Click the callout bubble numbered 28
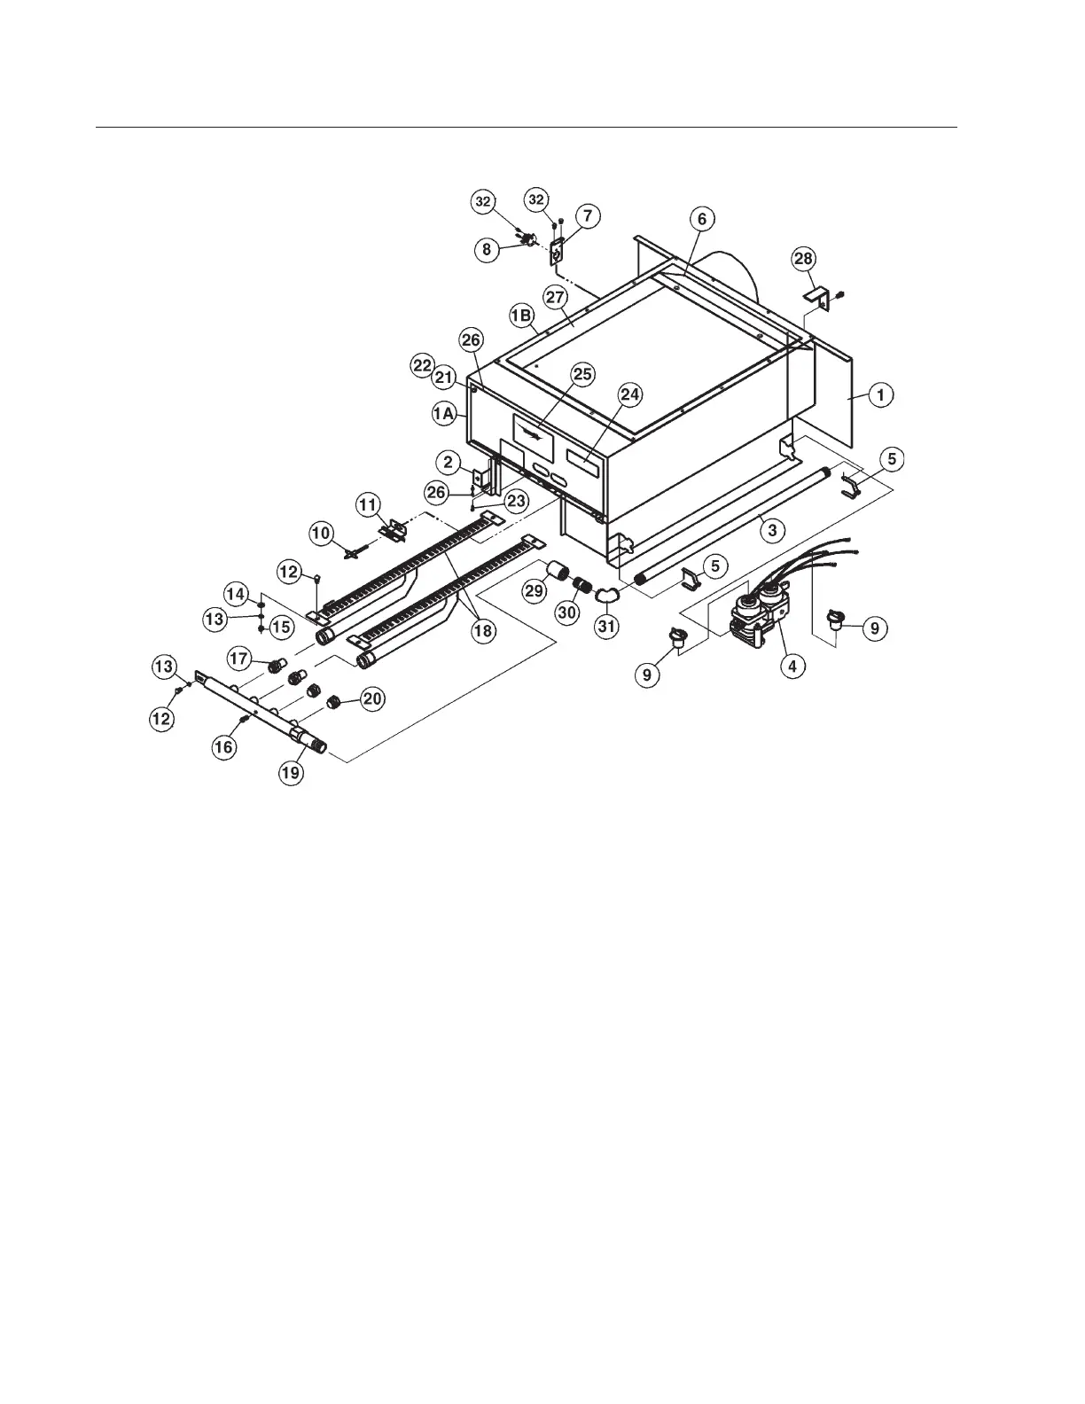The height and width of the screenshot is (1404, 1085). (x=802, y=259)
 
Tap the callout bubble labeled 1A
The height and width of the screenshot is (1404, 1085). (x=445, y=412)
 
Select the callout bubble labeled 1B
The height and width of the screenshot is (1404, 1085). (x=521, y=315)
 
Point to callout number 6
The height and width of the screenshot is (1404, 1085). (x=702, y=219)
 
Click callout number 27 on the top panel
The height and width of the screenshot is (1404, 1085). (x=556, y=298)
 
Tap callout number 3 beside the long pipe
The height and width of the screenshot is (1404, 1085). (x=773, y=530)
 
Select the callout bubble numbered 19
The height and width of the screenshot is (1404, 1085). (x=291, y=772)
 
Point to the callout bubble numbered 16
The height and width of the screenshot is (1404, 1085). (x=223, y=747)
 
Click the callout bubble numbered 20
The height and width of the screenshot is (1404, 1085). (x=372, y=698)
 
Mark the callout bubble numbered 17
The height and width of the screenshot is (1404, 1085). (x=239, y=659)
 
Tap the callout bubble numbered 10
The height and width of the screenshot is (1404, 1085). (x=321, y=533)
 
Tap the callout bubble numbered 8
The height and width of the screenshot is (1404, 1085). (x=487, y=250)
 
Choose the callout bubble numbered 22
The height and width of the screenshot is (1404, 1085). (x=422, y=364)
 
